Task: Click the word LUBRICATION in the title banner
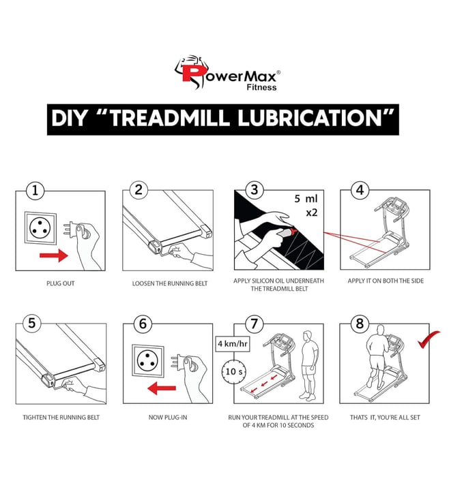tap(310, 119)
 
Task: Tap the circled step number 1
tap(35, 191)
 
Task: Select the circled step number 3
tap(255, 190)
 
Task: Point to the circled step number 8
tap(360, 324)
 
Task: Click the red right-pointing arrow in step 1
tap(54, 255)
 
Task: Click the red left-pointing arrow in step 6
tap(162, 388)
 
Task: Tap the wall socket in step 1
tap(40, 228)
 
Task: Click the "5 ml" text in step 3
tap(306, 199)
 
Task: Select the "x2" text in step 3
tap(312, 213)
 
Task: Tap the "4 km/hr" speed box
tap(233, 344)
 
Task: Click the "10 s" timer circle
tap(234, 371)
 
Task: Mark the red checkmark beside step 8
tap(429, 339)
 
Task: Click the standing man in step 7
tap(308, 366)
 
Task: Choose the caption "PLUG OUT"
tap(60, 283)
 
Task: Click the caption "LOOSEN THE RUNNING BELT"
tap(170, 283)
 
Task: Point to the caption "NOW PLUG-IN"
tap(168, 417)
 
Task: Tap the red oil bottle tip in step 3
tap(293, 230)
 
